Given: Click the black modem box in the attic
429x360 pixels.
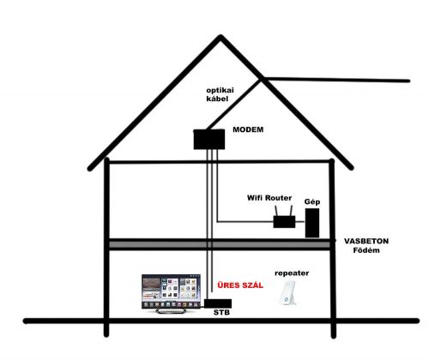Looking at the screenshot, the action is (x=209, y=140).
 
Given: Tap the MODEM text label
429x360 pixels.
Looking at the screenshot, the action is (x=248, y=129).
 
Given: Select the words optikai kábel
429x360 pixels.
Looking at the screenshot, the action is (x=220, y=94).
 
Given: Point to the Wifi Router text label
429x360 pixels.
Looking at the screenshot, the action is (x=269, y=198).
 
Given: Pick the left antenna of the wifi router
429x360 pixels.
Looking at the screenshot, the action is (x=277, y=211).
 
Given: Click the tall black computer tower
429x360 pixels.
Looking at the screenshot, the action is (x=312, y=223).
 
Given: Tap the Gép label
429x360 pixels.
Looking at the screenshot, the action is (x=312, y=202).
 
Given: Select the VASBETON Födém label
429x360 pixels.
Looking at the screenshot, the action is (x=366, y=245).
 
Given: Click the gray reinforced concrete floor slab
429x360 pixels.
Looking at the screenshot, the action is (x=220, y=244).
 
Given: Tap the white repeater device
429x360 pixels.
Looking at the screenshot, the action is (x=287, y=293).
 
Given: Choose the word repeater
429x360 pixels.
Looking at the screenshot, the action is (x=292, y=273).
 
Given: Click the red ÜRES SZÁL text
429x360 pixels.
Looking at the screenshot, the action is (x=240, y=285).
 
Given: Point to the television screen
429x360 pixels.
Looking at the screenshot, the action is (x=171, y=291).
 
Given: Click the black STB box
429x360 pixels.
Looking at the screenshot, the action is (x=218, y=303).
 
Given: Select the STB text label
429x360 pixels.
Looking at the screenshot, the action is (x=221, y=313).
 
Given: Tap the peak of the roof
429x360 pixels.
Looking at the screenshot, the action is (x=221, y=36).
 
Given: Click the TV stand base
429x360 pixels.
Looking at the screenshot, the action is (x=171, y=311).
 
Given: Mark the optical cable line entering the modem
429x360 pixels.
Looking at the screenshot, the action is (x=234, y=105).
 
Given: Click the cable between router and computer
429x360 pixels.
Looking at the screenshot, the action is (x=300, y=221).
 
